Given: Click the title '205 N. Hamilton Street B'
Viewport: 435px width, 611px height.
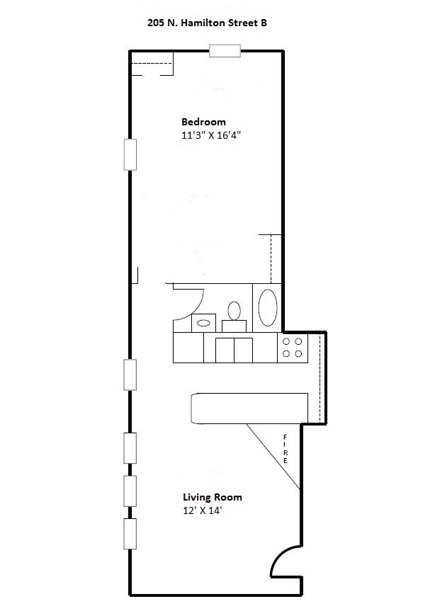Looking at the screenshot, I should tap(207, 23).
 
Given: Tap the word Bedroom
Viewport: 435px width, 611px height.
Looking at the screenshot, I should tap(203, 122).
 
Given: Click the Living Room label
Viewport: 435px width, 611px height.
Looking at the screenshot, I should tap(213, 497).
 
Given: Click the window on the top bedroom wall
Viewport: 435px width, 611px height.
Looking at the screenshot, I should tap(225, 50).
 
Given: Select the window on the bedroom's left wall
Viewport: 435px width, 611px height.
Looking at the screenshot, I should tap(130, 154).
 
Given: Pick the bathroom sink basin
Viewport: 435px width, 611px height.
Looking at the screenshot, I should tap(203, 323).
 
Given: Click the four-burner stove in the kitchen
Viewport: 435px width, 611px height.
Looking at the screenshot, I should tap(293, 347).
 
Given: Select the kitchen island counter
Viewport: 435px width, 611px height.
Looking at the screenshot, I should tap(249, 409).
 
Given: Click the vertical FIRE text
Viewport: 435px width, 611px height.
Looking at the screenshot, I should tap(286, 449).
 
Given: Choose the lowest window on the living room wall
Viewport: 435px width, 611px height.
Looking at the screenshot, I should tap(130, 534).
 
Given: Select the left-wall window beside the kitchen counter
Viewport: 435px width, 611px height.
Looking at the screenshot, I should tap(130, 375).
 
